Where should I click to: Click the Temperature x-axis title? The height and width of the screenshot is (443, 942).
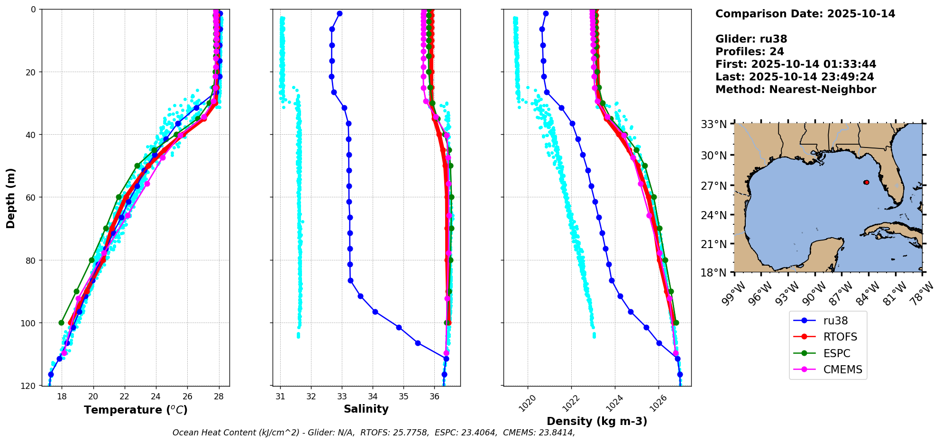click(x=136, y=410)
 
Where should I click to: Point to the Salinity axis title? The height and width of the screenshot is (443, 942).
click(x=366, y=409)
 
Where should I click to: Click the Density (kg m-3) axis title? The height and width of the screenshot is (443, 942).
click(x=597, y=421)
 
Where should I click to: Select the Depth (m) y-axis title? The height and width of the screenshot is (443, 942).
click(x=11, y=198)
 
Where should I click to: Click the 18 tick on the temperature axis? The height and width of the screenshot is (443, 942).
click(x=62, y=396)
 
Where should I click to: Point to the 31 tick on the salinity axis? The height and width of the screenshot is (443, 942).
click(x=280, y=396)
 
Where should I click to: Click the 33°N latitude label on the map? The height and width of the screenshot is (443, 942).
click(x=713, y=124)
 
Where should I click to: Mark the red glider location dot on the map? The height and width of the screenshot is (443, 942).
click(x=866, y=182)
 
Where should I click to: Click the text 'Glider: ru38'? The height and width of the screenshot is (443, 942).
click(x=751, y=39)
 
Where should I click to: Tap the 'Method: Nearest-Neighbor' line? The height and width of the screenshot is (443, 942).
click(x=796, y=90)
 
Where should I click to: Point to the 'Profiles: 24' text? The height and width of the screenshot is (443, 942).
click(x=750, y=52)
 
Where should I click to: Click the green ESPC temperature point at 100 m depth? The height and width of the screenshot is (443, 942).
click(x=61, y=323)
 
